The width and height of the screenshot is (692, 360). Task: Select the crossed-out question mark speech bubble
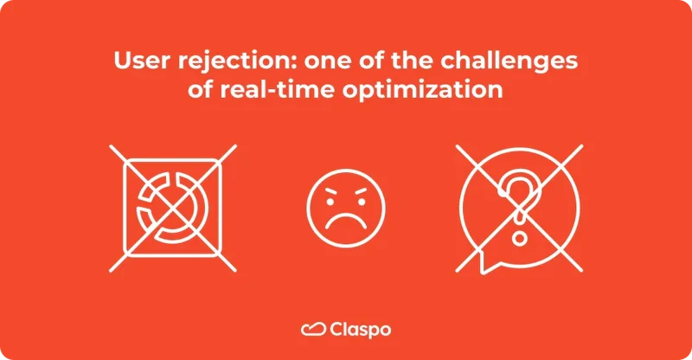coord(519,205)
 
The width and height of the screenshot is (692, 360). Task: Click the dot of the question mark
coord(519,235)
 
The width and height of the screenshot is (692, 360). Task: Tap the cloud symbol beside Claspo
coord(312,329)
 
